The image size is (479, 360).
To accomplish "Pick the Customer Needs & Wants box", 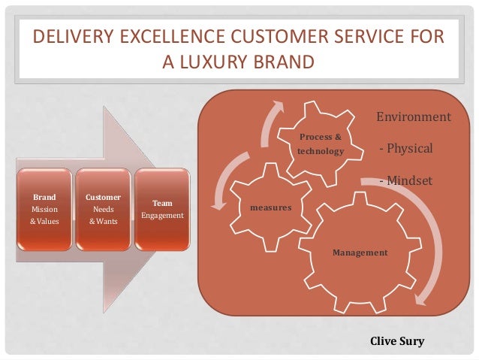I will tap(101, 210).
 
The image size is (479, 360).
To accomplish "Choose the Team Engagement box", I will tap(163, 210).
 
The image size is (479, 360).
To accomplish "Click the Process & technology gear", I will tap(321, 144).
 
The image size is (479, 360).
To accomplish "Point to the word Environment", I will tap(413, 117).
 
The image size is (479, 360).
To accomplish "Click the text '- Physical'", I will tap(405, 149).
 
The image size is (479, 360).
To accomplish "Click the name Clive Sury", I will tap(397, 341).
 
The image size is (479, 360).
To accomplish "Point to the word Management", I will tap(360, 253).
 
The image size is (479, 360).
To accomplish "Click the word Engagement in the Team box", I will tap(163, 216).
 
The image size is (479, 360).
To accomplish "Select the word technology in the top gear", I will tap(321, 151).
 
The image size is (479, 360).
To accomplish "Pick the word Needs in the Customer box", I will tap(101, 209).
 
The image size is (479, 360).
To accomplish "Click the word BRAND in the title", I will tap(281, 61).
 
